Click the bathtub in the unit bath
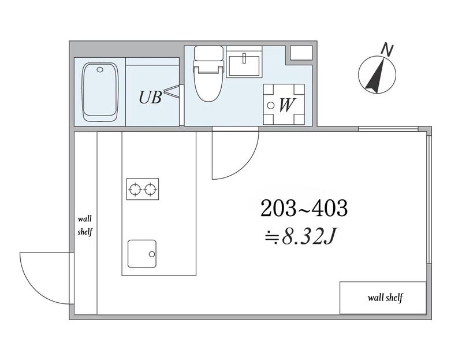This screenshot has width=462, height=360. (x=100, y=92)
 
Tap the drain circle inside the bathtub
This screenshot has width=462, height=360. (x=100, y=70)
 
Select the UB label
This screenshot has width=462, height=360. (x=150, y=97)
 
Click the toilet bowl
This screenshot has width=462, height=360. (x=208, y=83)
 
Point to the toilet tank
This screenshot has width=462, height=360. (x=208, y=53)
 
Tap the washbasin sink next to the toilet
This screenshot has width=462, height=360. (x=244, y=66)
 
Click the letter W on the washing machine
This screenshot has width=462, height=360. (x=286, y=105)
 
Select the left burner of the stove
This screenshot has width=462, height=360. (x=135, y=189)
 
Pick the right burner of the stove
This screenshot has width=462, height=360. (x=150, y=189)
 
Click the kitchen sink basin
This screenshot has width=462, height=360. (x=142, y=254)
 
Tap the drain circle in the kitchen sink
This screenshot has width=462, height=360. (x=152, y=254)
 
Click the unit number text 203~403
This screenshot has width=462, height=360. (x=304, y=208)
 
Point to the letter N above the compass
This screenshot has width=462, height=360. (x=388, y=50)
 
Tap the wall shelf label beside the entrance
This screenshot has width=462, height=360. (x=85, y=225)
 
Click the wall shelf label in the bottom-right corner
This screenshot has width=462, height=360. (x=385, y=298)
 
